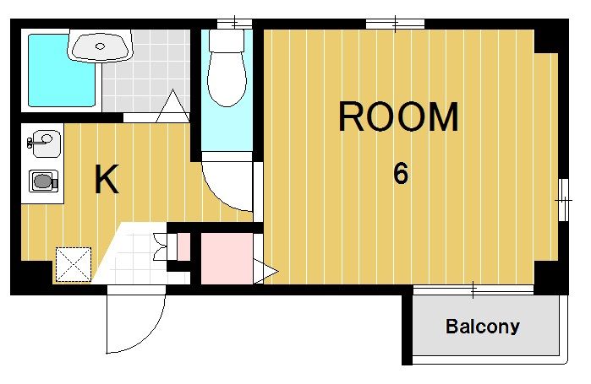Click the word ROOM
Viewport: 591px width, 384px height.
[x=398, y=116]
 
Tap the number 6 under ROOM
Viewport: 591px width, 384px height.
[x=400, y=173]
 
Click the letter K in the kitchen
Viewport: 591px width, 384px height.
[x=107, y=179]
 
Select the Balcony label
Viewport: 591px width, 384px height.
[x=483, y=327]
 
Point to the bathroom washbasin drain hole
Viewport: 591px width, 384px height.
[x=100, y=46]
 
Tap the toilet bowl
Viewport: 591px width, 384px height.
[x=227, y=79]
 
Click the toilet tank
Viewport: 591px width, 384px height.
[x=227, y=41]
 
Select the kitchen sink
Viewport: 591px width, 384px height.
[x=45, y=143]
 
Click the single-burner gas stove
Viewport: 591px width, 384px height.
[x=44, y=181]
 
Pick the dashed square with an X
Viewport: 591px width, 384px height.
[x=74, y=264]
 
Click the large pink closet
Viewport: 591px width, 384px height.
[x=227, y=258]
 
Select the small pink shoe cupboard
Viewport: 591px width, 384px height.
[x=183, y=246]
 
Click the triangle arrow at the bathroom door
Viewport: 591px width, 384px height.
[x=172, y=106]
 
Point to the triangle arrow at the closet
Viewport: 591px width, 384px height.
[x=265, y=271]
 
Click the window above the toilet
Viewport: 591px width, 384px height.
[x=234, y=24]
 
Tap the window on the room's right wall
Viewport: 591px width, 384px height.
[x=563, y=200]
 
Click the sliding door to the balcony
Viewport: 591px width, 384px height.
[x=473, y=289]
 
